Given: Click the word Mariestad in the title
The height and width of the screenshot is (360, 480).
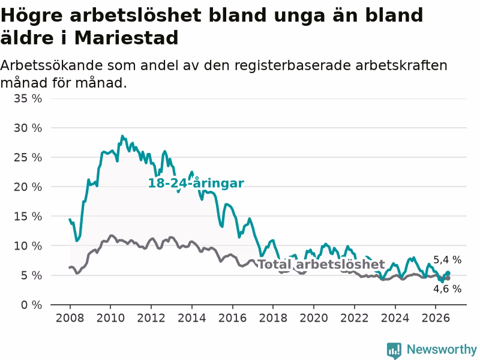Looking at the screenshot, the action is tap(126, 38).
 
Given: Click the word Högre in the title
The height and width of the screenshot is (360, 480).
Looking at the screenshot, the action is tap(32, 16).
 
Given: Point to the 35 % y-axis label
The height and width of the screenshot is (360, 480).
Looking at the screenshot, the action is tap(28, 98).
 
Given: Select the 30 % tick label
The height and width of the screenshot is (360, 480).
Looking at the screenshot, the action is tap(28, 128).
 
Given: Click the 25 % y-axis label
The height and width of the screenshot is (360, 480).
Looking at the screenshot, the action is tap(28, 157).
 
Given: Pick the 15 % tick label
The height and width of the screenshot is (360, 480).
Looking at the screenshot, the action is tap(28, 217).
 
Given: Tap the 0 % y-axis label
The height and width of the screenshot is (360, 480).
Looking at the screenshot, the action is tap(32, 305).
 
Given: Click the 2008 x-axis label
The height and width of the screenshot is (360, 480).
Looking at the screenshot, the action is tap(70, 318).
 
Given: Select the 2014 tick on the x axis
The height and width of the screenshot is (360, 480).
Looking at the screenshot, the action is tap(192, 318).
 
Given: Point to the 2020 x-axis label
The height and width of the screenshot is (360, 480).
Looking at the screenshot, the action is tap(314, 318).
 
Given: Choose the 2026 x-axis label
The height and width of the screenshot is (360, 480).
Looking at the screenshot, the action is tap(436, 318).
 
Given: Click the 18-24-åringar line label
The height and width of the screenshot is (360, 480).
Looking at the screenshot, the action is tap(196, 183).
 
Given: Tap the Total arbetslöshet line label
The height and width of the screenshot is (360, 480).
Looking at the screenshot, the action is tap(321, 264).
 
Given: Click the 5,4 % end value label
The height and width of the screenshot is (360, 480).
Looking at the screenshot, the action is tap(447, 260).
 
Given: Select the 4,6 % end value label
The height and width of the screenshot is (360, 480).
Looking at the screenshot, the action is tap(447, 289).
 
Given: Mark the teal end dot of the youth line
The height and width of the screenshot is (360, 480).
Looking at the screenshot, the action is tap(448, 273).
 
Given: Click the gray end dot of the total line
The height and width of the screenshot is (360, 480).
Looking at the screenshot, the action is tap(448, 278).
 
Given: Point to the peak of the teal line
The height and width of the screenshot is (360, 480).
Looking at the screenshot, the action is tap(122, 136).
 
